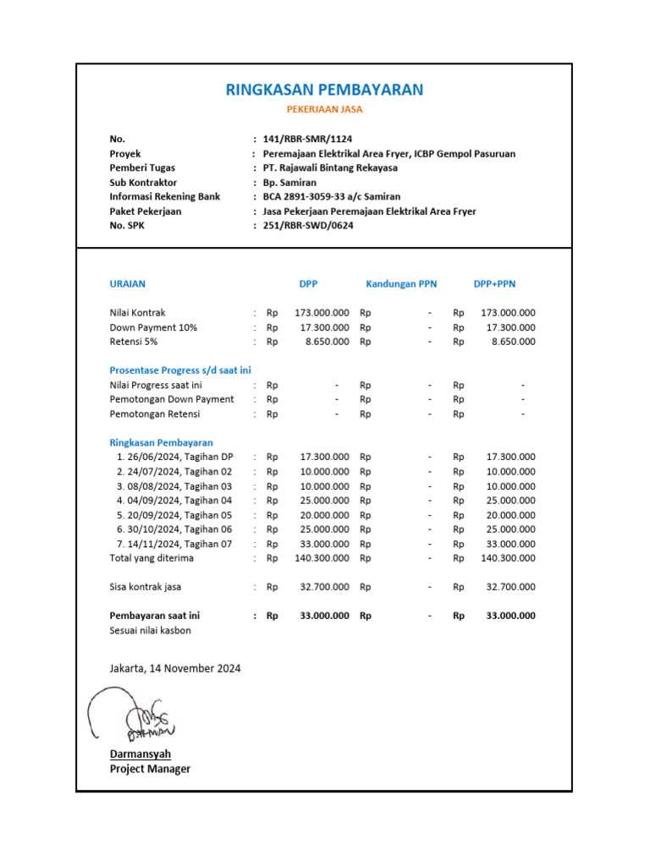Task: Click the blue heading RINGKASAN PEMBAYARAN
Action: coord(324,90)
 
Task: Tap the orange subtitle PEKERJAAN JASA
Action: coord(324,110)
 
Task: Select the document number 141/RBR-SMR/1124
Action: coord(307,139)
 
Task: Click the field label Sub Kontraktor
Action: coord(143,182)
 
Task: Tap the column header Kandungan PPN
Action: coord(401,284)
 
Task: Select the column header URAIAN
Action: coord(128,284)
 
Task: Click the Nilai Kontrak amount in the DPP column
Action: coord(322,313)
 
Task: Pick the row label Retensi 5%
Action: coord(134,342)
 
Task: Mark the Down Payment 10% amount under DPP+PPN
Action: coord(511,327)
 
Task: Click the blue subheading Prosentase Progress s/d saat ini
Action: coord(180,370)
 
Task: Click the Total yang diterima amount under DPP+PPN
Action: coord(508,558)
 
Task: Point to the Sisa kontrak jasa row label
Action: coord(146,587)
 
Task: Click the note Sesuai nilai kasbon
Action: coord(151,631)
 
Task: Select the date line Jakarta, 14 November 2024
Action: coord(175,668)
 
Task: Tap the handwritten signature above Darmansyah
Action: coord(131,715)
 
